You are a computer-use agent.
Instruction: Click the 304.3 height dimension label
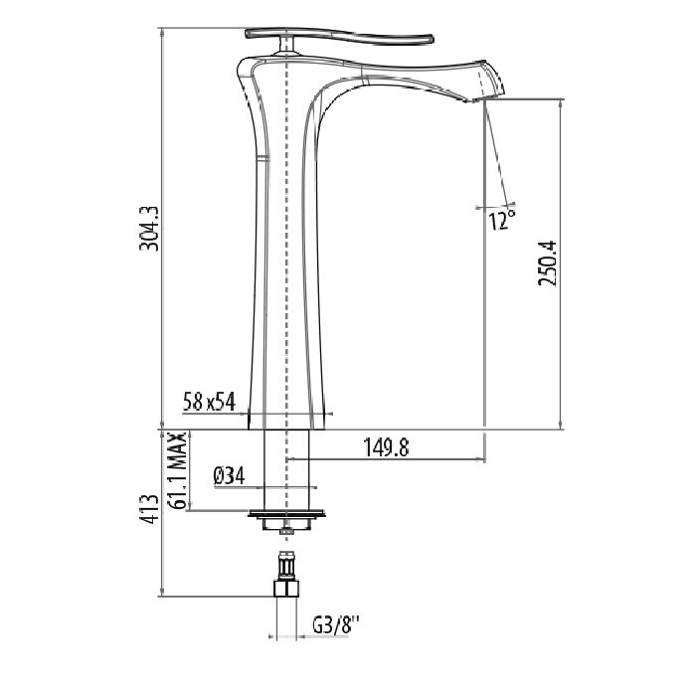[149, 229]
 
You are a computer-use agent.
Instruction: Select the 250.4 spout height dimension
[547, 263]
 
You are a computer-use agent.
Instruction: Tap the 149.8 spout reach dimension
[386, 447]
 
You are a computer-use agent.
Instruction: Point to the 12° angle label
[503, 220]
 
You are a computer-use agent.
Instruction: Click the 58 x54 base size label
[209, 402]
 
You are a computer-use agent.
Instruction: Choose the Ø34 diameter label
[229, 476]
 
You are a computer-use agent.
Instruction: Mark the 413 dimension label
[149, 509]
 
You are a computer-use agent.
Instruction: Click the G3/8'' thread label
[336, 625]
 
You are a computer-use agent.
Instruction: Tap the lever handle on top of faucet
[338, 38]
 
